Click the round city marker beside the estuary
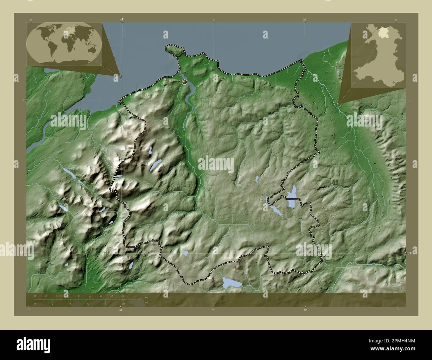[x=184, y=81]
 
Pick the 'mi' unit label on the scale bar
[x=146, y=303]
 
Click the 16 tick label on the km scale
[x=123, y=295]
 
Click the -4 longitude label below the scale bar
[x=120, y=310]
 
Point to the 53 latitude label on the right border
[x=409, y=253]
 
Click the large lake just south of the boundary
[x=232, y=283]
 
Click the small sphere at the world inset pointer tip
[x=120, y=76]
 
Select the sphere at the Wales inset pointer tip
[x=338, y=104]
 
